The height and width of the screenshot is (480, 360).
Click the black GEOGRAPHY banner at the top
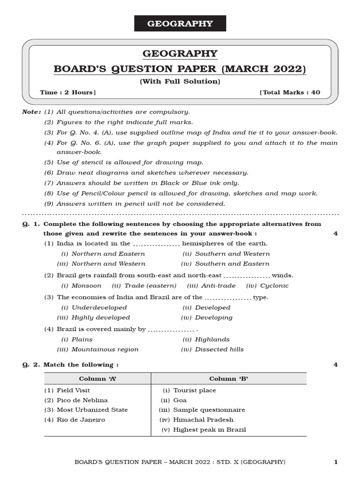coord(180,23)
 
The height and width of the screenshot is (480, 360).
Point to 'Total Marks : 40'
coord(291,92)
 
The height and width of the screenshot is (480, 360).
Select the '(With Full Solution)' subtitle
coord(180,81)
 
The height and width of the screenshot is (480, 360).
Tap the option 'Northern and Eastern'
coord(101,254)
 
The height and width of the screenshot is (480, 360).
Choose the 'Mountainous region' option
coord(105,349)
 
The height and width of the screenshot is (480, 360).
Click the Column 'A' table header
coord(97,379)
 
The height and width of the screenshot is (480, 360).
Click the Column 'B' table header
coord(229,379)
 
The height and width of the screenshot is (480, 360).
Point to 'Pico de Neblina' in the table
coord(82,400)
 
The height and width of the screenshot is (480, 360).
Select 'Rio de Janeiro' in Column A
coord(81,420)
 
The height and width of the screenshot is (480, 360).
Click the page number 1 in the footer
coord(336,462)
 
